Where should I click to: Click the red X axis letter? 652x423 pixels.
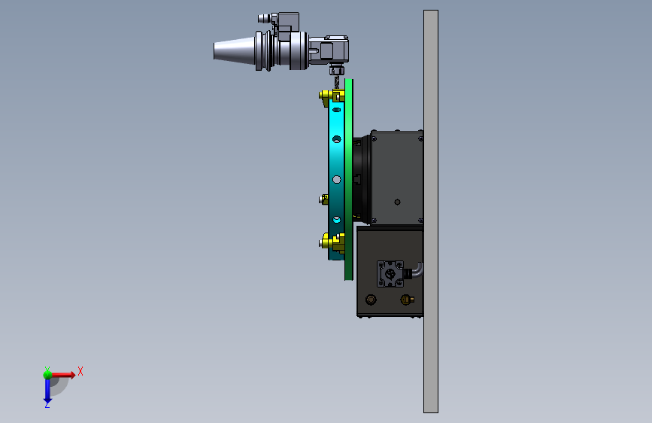[x=80, y=371]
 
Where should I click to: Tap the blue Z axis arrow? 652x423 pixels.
[x=47, y=391]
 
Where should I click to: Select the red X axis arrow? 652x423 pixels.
[x=63, y=375]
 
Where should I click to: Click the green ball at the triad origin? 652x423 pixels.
[x=47, y=375]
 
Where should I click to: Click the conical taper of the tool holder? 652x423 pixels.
[x=234, y=50]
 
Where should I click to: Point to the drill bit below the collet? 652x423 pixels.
[x=336, y=82]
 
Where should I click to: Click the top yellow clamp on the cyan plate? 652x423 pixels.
[x=332, y=97]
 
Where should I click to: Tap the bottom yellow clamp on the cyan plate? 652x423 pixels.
[x=332, y=242]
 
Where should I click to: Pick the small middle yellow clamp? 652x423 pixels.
[x=323, y=199]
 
